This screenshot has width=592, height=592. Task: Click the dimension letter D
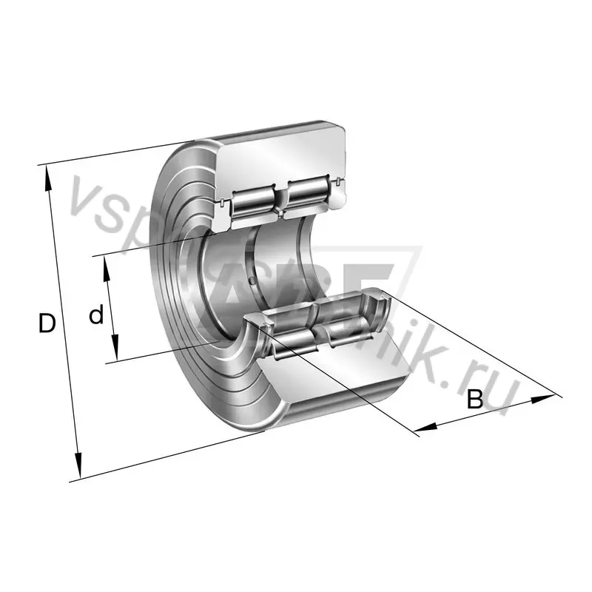pyautogui.click(x=47, y=323)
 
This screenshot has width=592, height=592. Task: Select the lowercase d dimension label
pyautogui.click(x=96, y=316)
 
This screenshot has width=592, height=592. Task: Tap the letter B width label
pyautogui.click(x=474, y=400)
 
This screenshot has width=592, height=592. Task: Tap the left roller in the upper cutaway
pyautogui.click(x=254, y=200)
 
